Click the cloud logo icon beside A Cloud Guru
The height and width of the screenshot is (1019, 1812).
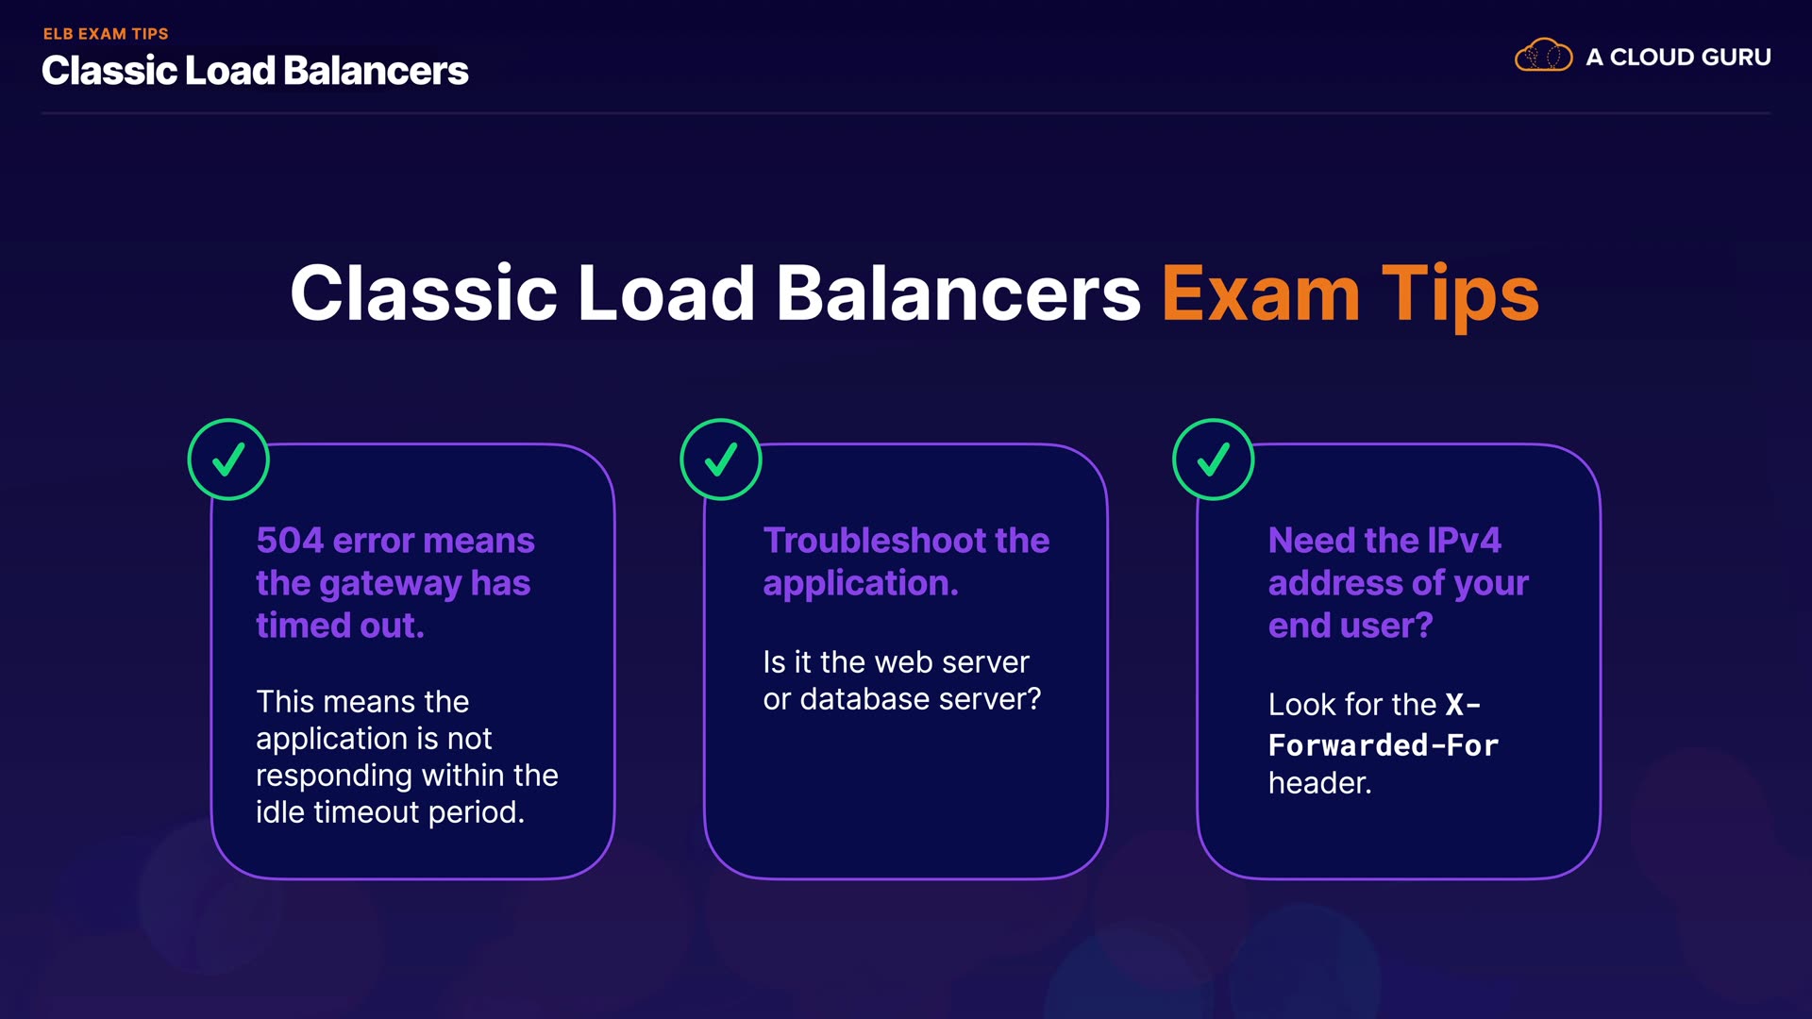coord(1543,56)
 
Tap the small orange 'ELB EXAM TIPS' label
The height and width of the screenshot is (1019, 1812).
coord(106,34)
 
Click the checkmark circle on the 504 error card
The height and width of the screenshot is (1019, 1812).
coord(228,459)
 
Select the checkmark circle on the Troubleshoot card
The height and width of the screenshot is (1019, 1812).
coord(721,459)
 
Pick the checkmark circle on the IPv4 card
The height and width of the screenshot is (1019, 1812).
coord(1214,459)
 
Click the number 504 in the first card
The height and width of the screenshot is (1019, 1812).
coord(290,541)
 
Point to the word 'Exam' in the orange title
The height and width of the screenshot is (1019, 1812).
coord(1260,294)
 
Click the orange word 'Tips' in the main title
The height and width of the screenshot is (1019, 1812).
coord(1460,294)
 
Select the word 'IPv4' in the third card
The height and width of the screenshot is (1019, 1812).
coord(1464,541)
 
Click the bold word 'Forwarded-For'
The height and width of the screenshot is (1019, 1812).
coord(1384,745)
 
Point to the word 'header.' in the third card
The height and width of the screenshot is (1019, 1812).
coord(1319,783)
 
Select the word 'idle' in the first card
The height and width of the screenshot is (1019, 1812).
coord(279,812)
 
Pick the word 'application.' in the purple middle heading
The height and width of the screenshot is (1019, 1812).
coord(861,584)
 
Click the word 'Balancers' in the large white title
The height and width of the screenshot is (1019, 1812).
coord(958,294)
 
